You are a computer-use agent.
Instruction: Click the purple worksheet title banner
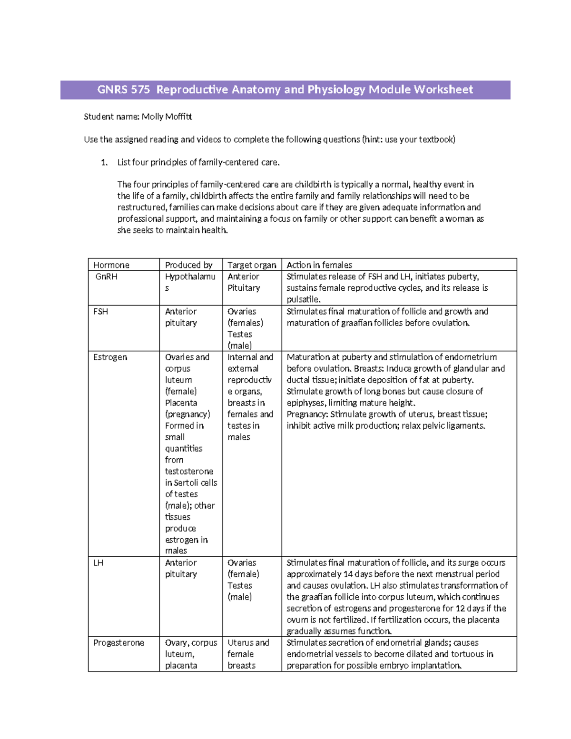[285, 89]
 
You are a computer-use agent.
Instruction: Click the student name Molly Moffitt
[167, 117]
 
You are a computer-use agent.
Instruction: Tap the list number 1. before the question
[104, 162]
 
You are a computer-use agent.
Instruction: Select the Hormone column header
[111, 265]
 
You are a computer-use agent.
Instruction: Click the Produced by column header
[188, 265]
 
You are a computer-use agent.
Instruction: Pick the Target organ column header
[252, 265]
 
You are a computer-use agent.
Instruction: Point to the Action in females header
[319, 265]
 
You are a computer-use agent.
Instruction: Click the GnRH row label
[106, 276]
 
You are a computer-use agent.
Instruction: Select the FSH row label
[100, 312]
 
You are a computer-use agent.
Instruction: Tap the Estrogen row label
[110, 357]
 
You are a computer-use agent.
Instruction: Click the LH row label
[98, 563]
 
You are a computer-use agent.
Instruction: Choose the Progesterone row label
[118, 643]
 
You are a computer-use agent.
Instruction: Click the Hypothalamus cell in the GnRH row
[190, 282]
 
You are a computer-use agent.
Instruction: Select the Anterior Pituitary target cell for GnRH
[244, 282]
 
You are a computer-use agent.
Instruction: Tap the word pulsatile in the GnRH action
[303, 299]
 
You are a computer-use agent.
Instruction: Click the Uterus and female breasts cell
[248, 654]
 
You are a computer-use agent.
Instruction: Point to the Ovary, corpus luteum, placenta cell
[190, 654]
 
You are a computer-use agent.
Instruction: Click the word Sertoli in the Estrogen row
[186, 483]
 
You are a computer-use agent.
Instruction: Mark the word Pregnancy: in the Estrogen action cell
[307, 414]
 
